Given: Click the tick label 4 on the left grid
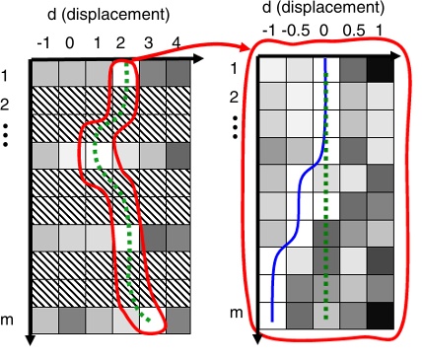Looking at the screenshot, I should click(x=175, y=43).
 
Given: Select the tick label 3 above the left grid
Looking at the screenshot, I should click(x=148, y=43).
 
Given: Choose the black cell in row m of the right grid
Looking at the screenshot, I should click(x=380, y=314).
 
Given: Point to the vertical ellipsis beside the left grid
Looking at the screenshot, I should click(x=7, y=135).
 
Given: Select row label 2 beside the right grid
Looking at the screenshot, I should click(x=234, y=98).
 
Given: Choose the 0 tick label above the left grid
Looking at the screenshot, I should click(x=69, y=43).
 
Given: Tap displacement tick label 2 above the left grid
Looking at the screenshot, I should click(x=121, y=43).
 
